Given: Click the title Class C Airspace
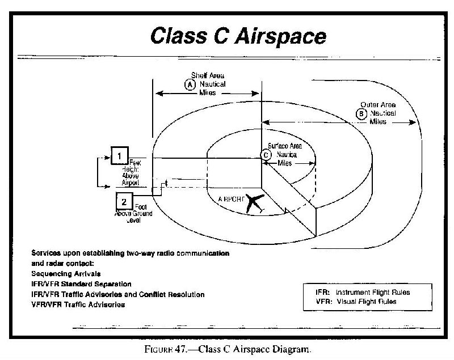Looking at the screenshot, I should coord(238,36).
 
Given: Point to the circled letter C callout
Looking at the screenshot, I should coord(265,154).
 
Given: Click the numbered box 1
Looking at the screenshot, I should coord(119,155).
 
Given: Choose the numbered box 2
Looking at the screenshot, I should coord(124,201).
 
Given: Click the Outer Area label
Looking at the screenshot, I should coord(378,105).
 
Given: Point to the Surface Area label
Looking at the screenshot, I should coord(285,146).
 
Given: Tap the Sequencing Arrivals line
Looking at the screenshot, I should coord(66,273).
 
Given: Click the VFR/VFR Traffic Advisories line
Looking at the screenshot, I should coord(78,305).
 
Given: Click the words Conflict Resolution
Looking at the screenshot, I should coord(176,294).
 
